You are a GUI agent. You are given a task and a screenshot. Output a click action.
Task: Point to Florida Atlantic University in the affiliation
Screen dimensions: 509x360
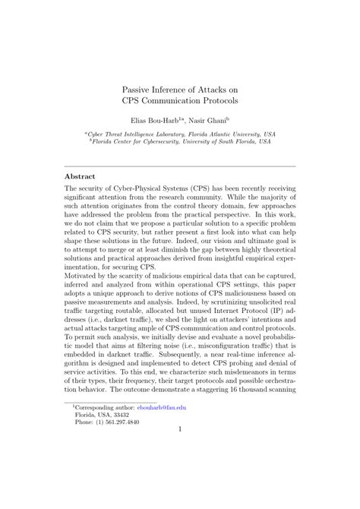229,134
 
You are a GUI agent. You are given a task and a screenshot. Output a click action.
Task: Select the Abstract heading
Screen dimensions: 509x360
80,174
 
